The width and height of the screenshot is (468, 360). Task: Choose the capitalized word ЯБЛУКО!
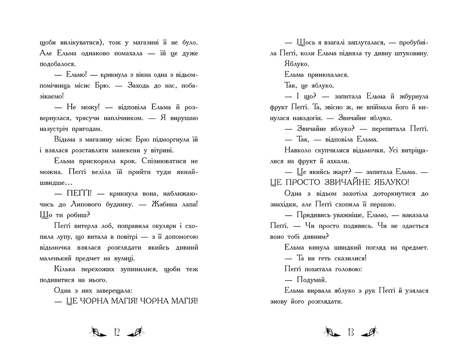379,182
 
